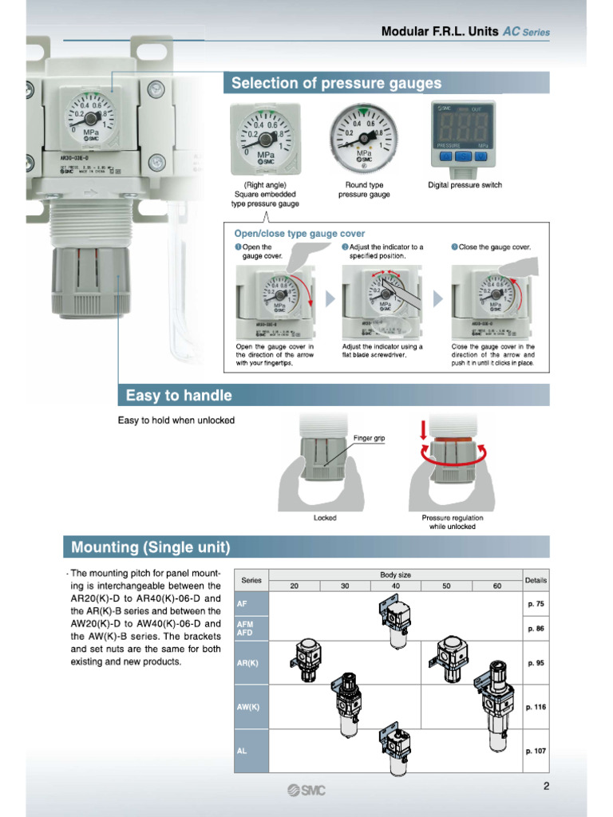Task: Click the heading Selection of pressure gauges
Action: click(x=336, y=83)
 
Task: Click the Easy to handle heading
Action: click(x=179, y=395)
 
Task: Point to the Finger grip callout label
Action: click(x=369, y=438)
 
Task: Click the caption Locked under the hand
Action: click(x=325, y=518)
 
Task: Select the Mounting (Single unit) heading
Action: click(x=151, y=547)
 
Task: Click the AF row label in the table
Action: click(x=242, y=604)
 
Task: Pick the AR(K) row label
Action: click(x=248, y=663)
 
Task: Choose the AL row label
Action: click(x=242, y=751)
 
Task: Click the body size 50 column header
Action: click(x=446, y=586)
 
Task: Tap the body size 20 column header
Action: click(x=294, y=586)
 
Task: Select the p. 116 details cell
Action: click(x=535, y=707)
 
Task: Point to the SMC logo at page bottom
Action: click(x=306, y=790)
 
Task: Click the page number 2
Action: click(x=546, y=786)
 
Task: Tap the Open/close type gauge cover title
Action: click(x=299, y=234)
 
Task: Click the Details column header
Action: click(x=535, y=580)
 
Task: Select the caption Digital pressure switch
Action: click(x=465, y=185)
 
